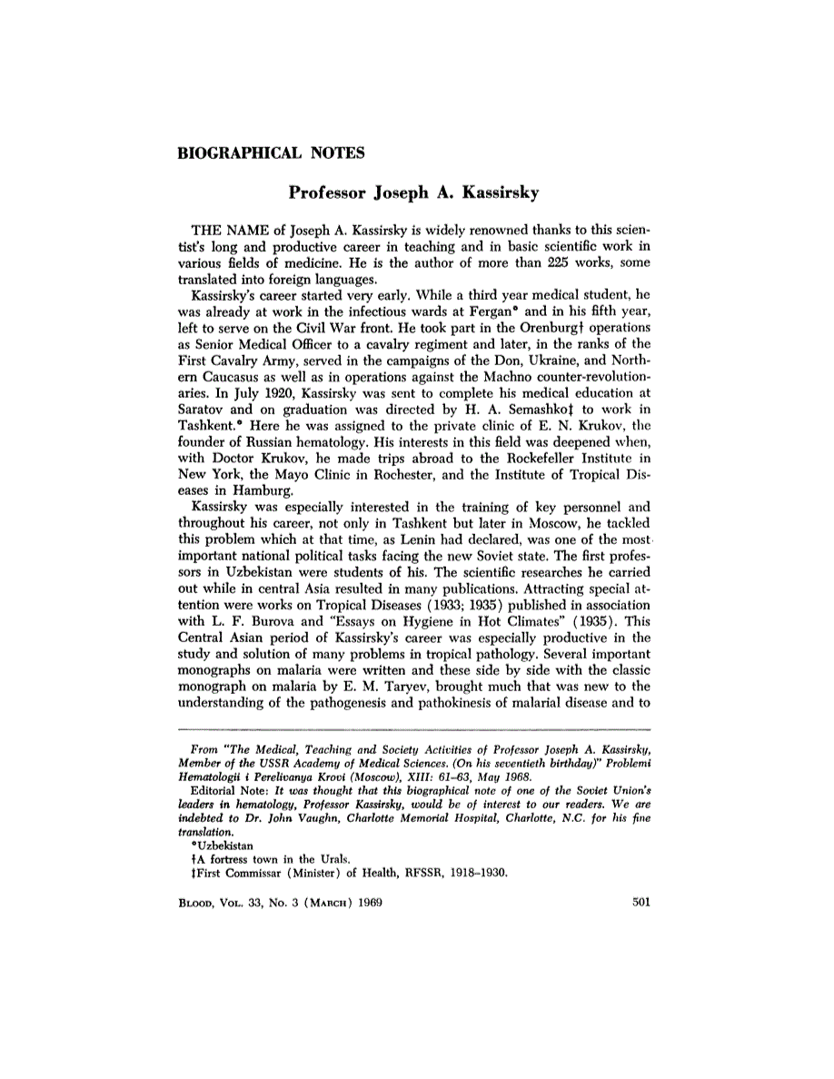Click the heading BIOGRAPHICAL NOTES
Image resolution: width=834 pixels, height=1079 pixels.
[271, 153]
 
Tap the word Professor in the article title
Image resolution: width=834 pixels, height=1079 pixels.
[328, 193]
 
